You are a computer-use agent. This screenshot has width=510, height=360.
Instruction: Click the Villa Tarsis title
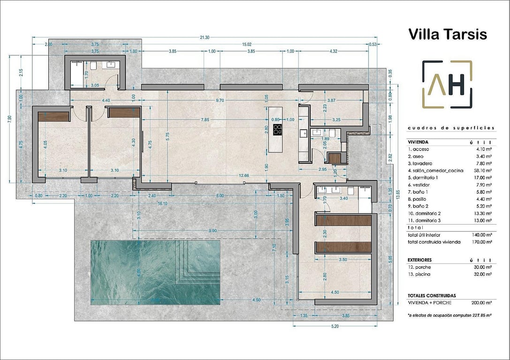click(447, 34)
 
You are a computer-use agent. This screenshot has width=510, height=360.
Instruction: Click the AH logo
click(447, 84)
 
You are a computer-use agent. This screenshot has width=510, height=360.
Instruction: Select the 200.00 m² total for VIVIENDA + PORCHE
click(482, 302)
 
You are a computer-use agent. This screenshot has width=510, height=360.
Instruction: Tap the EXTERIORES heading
click(419, 260)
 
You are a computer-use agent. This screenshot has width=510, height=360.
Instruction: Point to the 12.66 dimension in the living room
click(244, 176)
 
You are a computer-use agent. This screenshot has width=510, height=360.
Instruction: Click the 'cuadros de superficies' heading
click(451, 127)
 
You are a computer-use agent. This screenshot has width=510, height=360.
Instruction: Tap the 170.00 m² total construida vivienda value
click(482, 242)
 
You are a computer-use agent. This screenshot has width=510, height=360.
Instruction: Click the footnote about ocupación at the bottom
click(449, 315)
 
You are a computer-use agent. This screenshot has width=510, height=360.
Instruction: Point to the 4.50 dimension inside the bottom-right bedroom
click(335, 292)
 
